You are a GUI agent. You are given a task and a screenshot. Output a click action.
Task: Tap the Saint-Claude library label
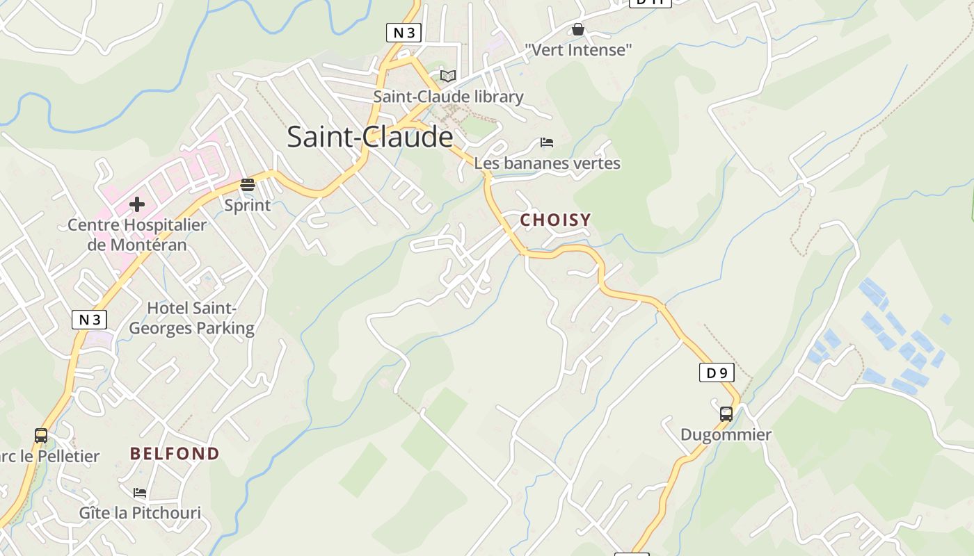coord(448,97)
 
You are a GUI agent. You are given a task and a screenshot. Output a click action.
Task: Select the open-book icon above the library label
coord(448,76)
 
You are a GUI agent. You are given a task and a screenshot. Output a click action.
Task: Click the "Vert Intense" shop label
coord(578,50)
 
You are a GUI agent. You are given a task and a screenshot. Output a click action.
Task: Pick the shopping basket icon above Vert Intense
coord(577,29)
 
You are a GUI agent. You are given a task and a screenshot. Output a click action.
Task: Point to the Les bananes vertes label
coord(547,163)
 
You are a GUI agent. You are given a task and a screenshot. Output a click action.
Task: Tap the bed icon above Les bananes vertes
coord(547,142)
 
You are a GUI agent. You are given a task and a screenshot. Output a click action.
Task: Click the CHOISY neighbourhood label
coord(556,220)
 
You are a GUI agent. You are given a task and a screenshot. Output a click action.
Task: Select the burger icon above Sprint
coord(248,185)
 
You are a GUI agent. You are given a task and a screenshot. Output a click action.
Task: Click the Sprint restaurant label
coord(248,206)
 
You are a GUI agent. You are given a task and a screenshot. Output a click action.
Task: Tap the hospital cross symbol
coord(137,204)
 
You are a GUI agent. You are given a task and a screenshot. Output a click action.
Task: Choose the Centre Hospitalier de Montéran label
coord(137,235)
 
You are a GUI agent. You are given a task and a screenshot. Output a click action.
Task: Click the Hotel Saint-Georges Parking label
coord(192,318)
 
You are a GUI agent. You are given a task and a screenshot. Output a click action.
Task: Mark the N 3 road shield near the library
coord(404,33)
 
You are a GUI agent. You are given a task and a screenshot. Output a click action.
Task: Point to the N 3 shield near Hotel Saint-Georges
coord(90,320)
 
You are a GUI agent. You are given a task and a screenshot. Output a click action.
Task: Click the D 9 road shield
coord(717,373)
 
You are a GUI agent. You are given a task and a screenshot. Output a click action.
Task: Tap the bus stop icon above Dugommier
coord(726,414)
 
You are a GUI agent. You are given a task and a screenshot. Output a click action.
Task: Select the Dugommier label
coord(726,435)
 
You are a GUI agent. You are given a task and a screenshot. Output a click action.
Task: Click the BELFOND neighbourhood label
coord(175,454)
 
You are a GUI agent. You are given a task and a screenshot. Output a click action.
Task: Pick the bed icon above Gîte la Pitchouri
coord(140,493)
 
